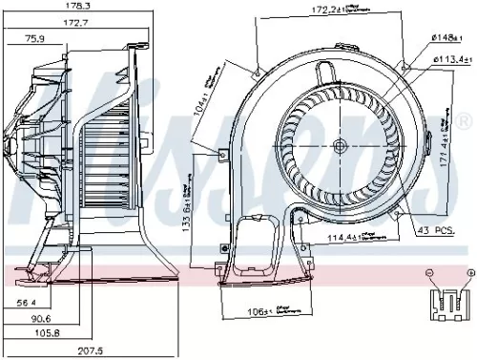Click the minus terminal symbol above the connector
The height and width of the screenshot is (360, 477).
tap(430, 273)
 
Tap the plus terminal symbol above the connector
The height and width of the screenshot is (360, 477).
tap(467, 273)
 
